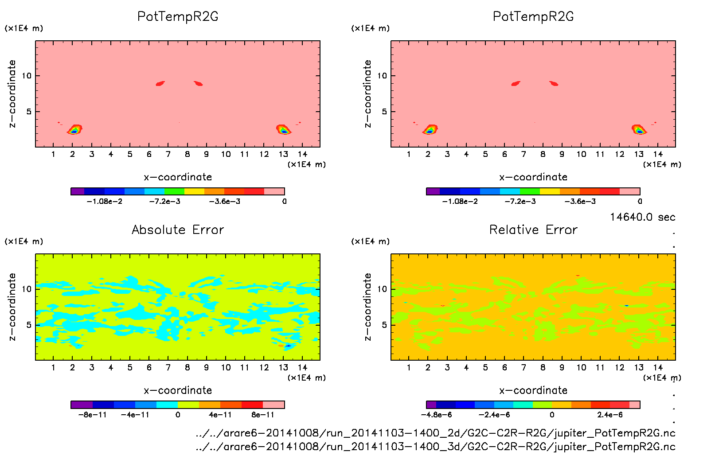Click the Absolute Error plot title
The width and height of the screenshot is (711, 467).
click(x=178, y=230)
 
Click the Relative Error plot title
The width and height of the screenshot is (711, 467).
click(x=533, y=230)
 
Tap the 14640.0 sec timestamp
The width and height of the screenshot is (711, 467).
click(x=642, y=217)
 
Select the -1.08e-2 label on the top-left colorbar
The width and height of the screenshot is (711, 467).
click(x=105, y=202)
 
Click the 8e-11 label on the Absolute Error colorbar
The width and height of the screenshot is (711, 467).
click(x=263, y=415)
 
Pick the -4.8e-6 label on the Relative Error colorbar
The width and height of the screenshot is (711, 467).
click(x=436, y=415)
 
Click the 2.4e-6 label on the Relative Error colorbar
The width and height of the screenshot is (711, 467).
click(x=610, y=415)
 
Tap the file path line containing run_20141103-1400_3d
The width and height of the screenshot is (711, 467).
click(x=435, y=447)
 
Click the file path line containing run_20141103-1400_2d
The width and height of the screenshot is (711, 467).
click(x=435, y=433)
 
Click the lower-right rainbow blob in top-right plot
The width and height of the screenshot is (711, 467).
click(x=638, y=130)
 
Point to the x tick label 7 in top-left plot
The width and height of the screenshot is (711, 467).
click(x=168, y=154)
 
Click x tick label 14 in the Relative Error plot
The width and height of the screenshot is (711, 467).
click(x=658, y=368)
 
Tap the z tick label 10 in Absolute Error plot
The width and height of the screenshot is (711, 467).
click(x=27, y=289)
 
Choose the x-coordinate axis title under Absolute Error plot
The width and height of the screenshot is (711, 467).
click(x=178, y=390)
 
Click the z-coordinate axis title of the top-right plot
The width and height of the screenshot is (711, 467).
click(x=367, y=94)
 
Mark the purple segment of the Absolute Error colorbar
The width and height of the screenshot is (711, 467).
click(x=82, y=405)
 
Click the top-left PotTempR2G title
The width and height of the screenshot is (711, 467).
click(x=178, y=16)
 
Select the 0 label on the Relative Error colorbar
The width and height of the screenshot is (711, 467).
click(x=552, y=415)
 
